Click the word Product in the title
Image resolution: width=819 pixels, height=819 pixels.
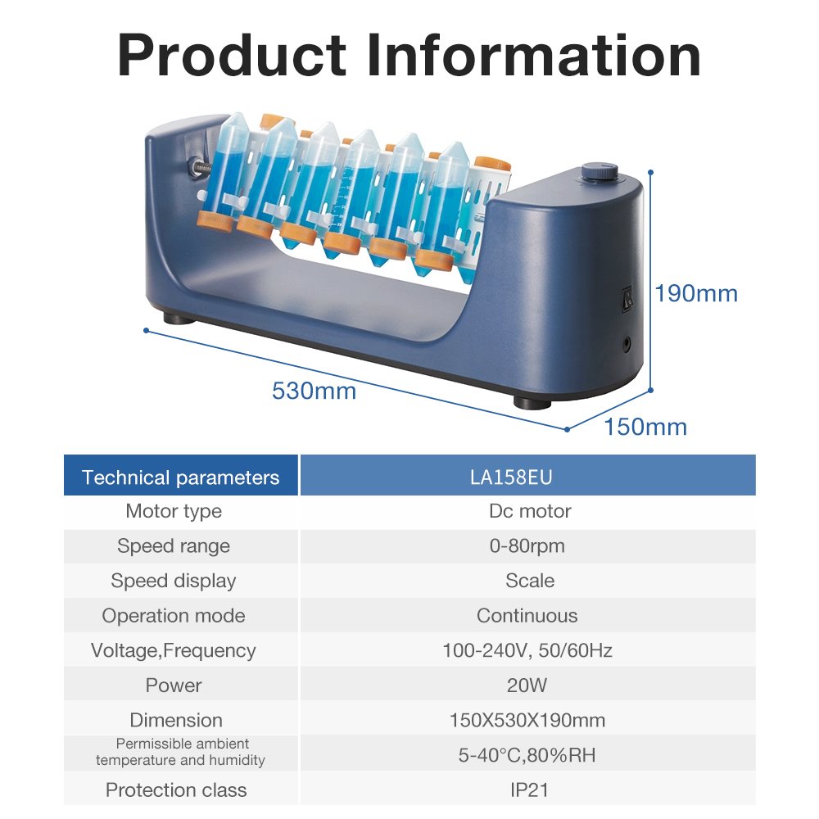point(232,55)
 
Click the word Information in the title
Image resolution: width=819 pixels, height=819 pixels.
point(534,55)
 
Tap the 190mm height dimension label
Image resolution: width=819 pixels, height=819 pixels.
point(696,293)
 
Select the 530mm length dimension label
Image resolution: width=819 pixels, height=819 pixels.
point(314,391)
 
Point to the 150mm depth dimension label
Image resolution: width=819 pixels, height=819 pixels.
point(645,427)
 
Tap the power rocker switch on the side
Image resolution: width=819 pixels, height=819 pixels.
point(627,299)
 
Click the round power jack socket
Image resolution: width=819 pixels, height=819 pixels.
point(627,344)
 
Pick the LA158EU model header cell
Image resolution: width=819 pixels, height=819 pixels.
point(527,475)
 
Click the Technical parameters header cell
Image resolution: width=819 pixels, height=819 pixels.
point(181,475)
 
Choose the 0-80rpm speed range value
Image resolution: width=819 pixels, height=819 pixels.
point(527,545)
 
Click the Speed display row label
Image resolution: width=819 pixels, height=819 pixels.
point(174,581)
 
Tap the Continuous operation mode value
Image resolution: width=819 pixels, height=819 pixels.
point(527,616)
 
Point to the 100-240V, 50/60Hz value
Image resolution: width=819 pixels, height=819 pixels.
point(527,650)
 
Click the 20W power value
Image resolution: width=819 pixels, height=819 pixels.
point(527,686)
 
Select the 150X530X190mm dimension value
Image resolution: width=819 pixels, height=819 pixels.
point(527,720)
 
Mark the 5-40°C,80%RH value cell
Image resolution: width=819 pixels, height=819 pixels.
point(527,754)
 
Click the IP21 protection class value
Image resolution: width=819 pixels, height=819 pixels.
point(529,790)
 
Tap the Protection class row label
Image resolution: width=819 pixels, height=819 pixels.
point(176,790)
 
